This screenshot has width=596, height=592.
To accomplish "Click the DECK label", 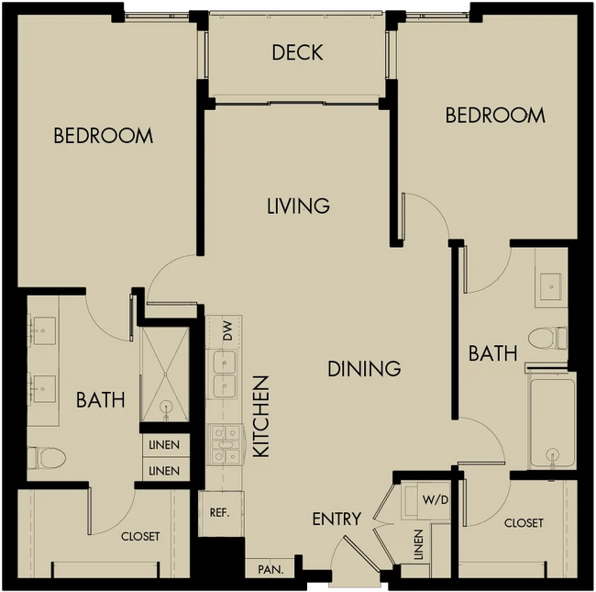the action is click(x=297, y=52).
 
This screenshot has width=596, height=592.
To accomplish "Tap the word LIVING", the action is click(x=298, y=206).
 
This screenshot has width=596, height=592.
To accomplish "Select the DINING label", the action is click(x=364, y=369).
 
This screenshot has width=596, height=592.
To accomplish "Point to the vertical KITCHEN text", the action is click(x=261, y=417).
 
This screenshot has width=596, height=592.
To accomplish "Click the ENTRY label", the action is click(x=337, y=519).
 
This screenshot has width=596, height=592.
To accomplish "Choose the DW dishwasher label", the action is click(x=227, y=331).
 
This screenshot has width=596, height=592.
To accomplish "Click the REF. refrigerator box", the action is click(x=220, y=513).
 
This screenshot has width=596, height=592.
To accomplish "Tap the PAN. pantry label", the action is click(x=270, y=570).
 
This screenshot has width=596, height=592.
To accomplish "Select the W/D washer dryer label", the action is click(x=436, y=500).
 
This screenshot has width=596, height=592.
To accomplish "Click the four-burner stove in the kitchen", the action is click(x=226, y=445).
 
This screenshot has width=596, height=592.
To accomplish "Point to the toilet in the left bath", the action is click(x=47, y=458).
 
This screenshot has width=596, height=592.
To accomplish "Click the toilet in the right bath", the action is click(x=547, y=338).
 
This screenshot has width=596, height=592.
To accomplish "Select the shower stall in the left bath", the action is click(x=165, y=374).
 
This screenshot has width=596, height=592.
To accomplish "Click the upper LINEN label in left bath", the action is click(x=164, y=445).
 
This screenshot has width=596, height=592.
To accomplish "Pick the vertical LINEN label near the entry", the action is click(x=418, y=545).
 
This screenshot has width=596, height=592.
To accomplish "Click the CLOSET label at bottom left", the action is click(x=140, y=536).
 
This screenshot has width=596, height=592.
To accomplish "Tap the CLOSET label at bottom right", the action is click(x=524, y=523).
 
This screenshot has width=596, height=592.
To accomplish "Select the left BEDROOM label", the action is click(x=104, y=136).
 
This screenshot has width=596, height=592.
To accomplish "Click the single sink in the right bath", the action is click(x=551, y=286).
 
